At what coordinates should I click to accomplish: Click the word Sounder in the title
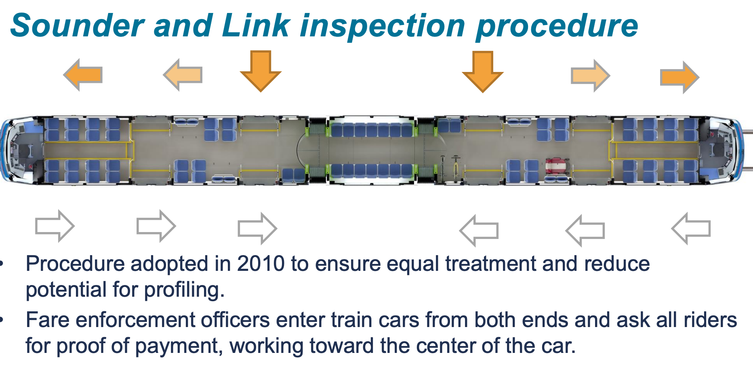[77, 25]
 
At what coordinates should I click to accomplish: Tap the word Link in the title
[255, 25]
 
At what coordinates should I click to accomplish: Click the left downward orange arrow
[261, 70]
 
